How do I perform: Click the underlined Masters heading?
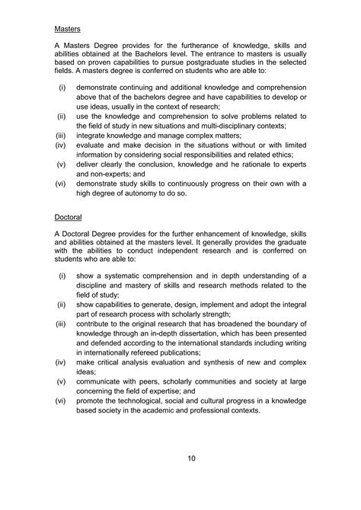coord(68,30)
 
